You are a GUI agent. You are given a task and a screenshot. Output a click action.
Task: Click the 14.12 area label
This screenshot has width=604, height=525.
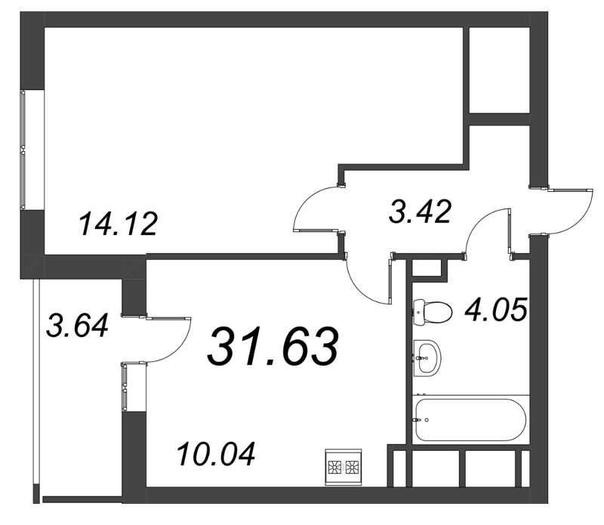point(118,224)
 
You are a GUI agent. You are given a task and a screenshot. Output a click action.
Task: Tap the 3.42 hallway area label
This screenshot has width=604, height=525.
point(420,212)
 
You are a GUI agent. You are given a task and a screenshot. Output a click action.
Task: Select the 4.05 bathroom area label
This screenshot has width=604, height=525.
point(496,310)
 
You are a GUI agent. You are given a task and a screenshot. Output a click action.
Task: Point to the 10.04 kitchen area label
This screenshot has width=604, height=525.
point(216,454)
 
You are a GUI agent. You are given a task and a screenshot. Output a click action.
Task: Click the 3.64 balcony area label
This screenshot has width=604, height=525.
point(77,326)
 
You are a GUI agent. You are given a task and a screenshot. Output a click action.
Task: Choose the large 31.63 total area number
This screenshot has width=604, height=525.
point(273,347)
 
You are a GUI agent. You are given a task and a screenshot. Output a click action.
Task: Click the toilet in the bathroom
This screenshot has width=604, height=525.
point(432,311)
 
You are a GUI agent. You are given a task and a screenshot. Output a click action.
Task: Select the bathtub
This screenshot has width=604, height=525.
point(470,419)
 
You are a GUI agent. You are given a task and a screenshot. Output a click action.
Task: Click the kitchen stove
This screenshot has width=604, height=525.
point(344,467)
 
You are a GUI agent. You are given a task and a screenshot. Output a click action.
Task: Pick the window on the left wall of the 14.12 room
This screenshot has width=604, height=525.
point(23,150)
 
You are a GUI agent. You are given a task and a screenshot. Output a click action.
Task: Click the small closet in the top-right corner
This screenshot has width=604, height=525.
point(499,70)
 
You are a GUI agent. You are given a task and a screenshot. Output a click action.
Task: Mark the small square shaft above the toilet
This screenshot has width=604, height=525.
point(427,267)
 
